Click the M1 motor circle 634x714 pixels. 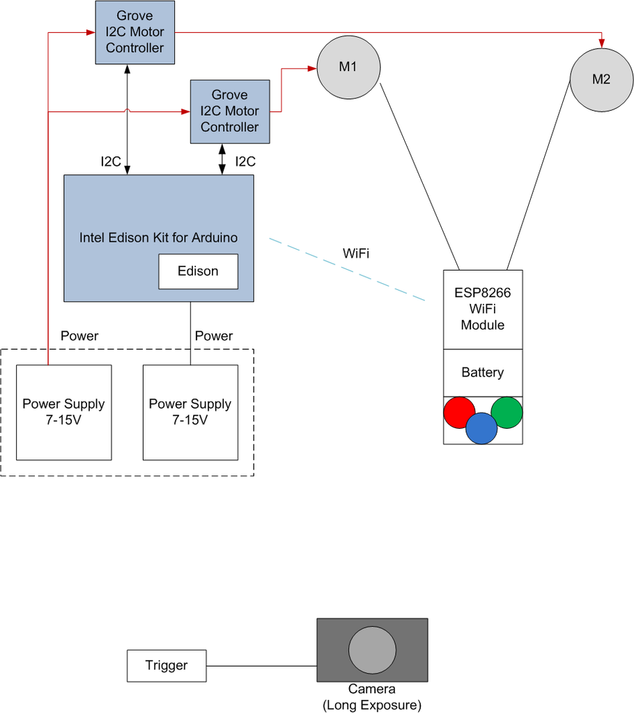pyautogui.click(x=348, y=67)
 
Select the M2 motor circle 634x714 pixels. pyautogui.click(x=601, y=79)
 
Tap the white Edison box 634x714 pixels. pyautogui.click(x=199, y=271)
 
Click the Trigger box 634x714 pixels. pyautogui.click(x=167, y=665)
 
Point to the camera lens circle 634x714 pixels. pyautogui.click(x=372, y=650)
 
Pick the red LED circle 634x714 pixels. pyautogui.click(x=461, y=413)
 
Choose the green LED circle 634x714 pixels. pyautogui.click(x=507, y=412)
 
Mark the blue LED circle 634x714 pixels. pyautogui.click(x=481, y=427)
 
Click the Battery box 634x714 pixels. pyautogui.click(x=483, y=372)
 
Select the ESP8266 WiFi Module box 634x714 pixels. pyautogui.click(x=483, y=309)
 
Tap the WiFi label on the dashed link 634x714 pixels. pyautogui.click(x=356, y=253)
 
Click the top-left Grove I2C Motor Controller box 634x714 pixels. pyautogui.click(x=134, y=33)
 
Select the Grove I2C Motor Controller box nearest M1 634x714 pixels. pyautogui.click(x=230, y=112)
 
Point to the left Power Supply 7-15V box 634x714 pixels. pyautogui.click(x=64, y=412)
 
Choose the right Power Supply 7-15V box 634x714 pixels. pyautogui.click(x=190, y=412)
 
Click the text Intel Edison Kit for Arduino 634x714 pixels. pyautogui.click(x=158, y=238)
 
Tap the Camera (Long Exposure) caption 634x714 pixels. pyautogui.click(x=372, y=697)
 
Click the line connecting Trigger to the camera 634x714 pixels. pyautogui.click(x=262, y=665)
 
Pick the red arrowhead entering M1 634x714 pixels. pyautogui.click(x=311, y=68)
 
